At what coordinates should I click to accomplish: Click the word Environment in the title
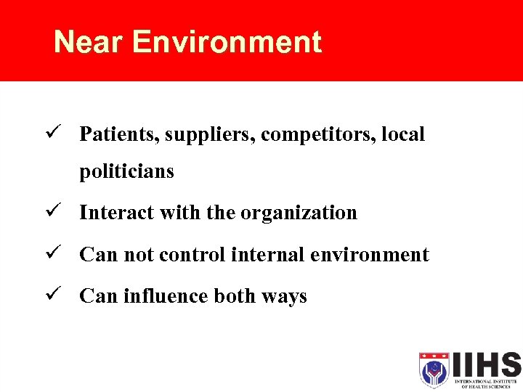coord(227,42)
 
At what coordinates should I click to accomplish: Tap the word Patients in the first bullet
coord(118,134)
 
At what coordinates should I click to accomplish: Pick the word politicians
coord(126,172)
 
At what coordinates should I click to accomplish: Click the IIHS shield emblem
coord(434,370)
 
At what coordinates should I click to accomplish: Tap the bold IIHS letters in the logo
coord(485,364)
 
